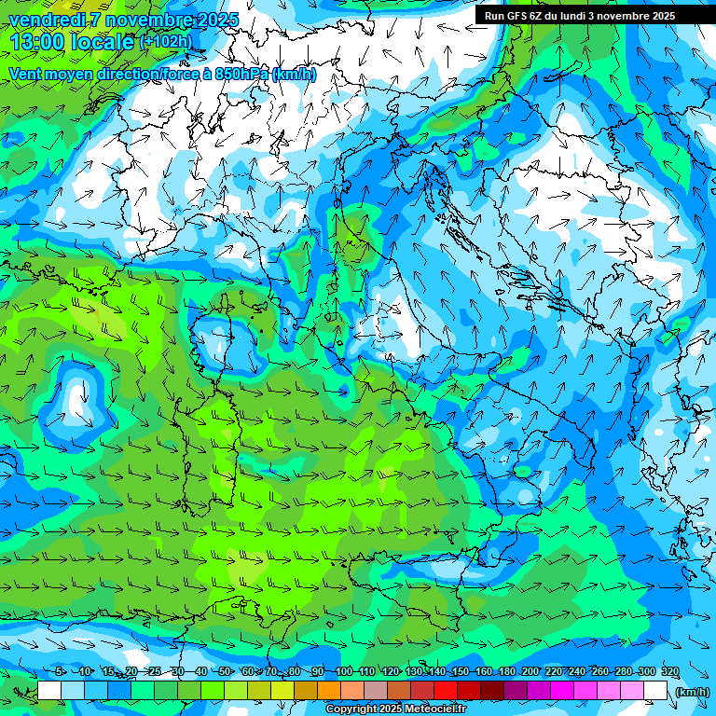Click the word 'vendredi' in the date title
pos(46,20)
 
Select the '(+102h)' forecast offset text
pos(165,42)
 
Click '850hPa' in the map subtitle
pos(242,75)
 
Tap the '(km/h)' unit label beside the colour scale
pos(692,691)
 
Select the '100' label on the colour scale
pos(344,672)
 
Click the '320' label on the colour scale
pos(669,672)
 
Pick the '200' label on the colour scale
pos(530,672)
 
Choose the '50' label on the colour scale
pos(225,672)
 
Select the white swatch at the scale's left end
pos(49,691)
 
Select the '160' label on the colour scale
pos(483,672)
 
